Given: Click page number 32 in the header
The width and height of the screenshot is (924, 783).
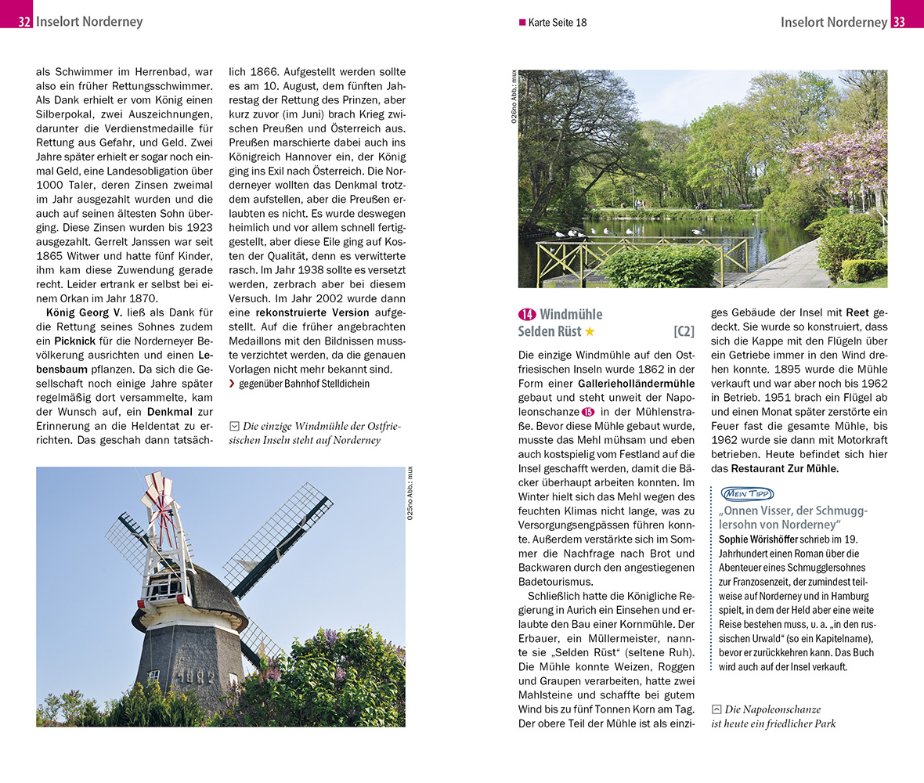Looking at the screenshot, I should coord(24,22).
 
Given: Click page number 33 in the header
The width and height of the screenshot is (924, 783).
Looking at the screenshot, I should coord(899,22).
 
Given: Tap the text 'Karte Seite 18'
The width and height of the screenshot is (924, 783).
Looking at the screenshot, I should coord(557,23).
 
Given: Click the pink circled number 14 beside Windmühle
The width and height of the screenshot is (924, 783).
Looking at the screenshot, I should coord(526,315).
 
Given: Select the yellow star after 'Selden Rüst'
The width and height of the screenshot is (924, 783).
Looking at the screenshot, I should coord(590,332).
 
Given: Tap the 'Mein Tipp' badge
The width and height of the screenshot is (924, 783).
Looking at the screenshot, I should coord(746,494).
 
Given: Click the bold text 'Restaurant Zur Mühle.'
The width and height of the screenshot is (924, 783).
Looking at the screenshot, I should coord(785,468).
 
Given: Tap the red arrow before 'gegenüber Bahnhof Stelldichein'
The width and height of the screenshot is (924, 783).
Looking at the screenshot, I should coord(232,384).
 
